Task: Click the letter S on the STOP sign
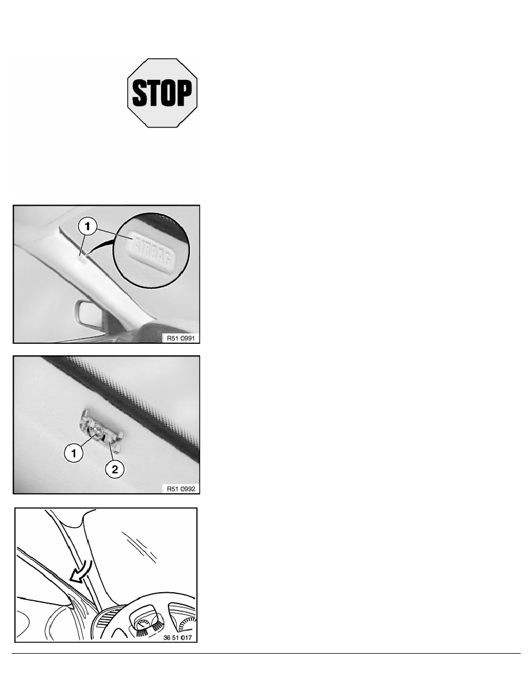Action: [x=139, y=93]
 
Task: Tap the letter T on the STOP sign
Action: [x=153, y=93]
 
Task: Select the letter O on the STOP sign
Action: [x=168, y=93]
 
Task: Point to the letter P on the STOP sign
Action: [x=184, y=93]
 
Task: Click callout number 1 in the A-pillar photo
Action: [x=87, y=227]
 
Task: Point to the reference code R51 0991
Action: [x=181, y=338]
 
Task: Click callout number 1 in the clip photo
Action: [x=74, y=454]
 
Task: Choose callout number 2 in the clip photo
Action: [x=115, y=469]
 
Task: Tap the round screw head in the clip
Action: [x=97, y=432]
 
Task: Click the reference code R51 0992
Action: [x=181, y=489]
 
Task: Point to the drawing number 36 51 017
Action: [x=177, y=638]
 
